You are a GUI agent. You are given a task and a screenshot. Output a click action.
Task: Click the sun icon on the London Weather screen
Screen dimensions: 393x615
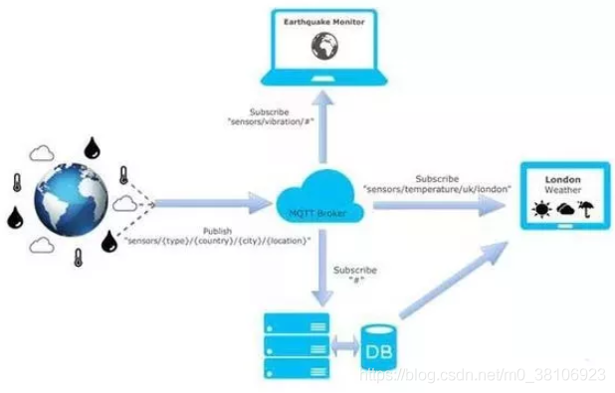[x=541, y=211]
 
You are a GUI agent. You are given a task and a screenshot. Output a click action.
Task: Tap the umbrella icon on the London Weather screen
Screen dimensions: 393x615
[x=587, y=210]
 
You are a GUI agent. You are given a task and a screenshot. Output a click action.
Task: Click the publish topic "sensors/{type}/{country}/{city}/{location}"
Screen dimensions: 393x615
[x=217, y=241]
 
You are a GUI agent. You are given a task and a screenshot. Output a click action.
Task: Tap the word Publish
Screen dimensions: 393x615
[x=216, y=230]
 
